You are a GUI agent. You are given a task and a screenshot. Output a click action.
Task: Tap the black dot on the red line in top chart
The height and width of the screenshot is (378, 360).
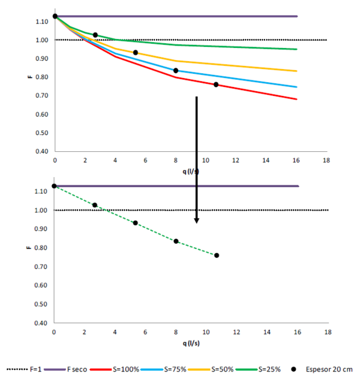216,85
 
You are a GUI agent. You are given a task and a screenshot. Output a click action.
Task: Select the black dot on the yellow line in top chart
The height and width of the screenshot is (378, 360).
136,53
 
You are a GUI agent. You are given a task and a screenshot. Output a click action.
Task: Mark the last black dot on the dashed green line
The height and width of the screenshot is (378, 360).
217,256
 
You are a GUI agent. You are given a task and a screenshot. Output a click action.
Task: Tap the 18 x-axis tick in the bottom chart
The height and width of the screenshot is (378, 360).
326,332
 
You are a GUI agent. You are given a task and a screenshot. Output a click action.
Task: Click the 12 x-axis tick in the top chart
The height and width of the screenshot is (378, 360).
236,160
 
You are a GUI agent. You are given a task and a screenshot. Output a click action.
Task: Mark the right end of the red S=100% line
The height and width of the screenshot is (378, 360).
296,99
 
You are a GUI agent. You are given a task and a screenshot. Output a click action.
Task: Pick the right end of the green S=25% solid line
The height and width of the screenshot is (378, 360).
296,49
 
